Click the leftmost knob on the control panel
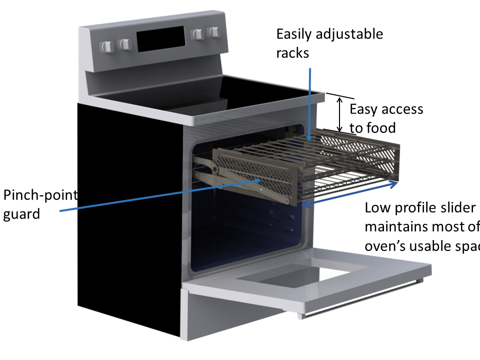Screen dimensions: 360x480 (x=106, y=46)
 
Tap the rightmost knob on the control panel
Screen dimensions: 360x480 (x=214, y=33)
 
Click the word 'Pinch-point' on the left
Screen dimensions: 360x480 (x=40, y=195)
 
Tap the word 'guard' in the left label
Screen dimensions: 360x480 (x=21, y=214)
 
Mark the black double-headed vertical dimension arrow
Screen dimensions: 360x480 (x=340, y=113)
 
